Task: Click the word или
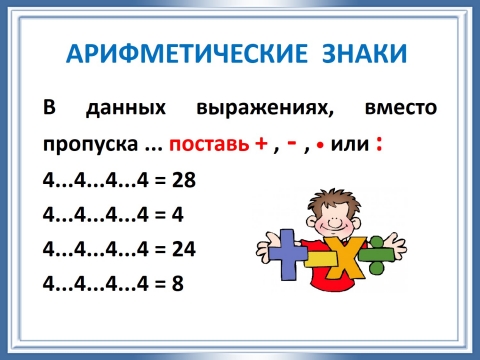[x=349, y=144]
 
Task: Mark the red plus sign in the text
[x=262, y=143]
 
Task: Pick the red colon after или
[x=378, y=143]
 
